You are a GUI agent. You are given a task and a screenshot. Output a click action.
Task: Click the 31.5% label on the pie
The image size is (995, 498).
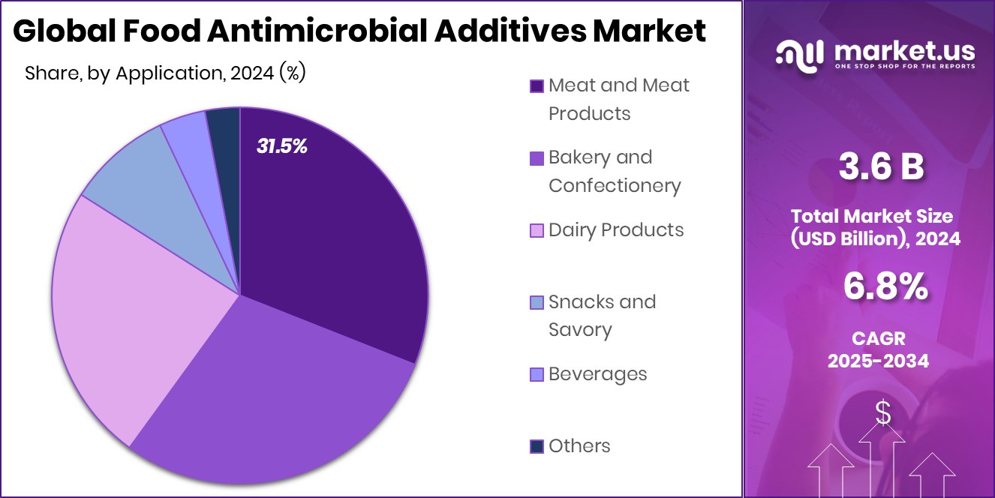coord(282,146)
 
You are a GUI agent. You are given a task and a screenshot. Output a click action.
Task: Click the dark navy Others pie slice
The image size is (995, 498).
coord(224,124)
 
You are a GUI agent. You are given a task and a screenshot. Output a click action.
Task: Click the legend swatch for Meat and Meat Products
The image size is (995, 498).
coord(537,86)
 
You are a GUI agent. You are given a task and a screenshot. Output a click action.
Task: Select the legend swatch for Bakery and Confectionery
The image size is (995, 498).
coord(537,158)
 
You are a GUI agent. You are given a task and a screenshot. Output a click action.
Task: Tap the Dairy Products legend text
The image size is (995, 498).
coord(616,229)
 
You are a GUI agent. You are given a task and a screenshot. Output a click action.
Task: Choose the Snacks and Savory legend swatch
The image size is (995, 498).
coord(537,302)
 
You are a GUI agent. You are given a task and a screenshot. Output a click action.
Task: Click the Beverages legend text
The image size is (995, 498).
coord(597,373)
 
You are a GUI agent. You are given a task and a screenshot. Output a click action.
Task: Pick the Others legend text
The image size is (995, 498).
coord(579,445)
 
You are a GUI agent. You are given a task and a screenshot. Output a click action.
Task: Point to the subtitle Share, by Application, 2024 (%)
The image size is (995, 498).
coord(165,73)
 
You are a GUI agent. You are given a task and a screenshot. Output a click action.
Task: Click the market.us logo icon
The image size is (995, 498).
coord(800,55)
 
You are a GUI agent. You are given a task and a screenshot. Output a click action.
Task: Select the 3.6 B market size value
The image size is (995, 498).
coord(880,167)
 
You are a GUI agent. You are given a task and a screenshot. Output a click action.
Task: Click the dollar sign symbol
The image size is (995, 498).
coord(883,413)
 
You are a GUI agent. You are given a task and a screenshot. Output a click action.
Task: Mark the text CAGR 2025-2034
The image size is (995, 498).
coord(878,349)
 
